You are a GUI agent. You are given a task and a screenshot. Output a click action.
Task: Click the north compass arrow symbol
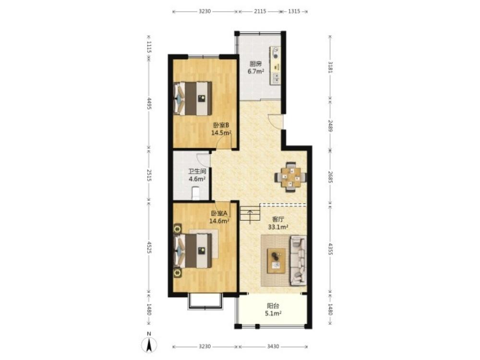click(x=149, y=345)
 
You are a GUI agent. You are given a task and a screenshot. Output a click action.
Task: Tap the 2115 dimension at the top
click(x=260, y=12)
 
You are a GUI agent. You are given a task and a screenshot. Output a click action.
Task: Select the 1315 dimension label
click(x=294, y=12)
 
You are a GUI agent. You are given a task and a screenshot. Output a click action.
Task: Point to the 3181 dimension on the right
click(x=330, y=67)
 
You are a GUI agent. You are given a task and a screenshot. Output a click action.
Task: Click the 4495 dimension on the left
click(x=149, y=104)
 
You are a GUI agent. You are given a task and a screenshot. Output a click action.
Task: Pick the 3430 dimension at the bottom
click(x=273, y=347)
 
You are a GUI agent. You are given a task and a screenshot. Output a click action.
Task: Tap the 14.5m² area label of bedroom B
click(x=221, y=133)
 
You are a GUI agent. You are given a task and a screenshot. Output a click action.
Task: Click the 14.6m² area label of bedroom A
click(x=219, y=221)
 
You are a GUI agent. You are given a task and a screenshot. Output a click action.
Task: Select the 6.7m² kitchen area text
click(x=256, y=72)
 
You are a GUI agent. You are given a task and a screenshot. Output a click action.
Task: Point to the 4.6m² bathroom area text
click(x=197, y=179)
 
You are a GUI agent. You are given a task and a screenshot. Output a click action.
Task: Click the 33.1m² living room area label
click(x=278, y=227)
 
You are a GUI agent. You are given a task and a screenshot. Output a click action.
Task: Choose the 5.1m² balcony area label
click(x=273, y=313)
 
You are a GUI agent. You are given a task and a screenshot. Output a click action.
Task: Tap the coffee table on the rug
click(x=276, y=261)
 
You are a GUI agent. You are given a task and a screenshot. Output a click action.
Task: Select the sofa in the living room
click(x=298, y=261)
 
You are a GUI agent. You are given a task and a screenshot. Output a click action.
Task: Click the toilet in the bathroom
click(x=196, y=194)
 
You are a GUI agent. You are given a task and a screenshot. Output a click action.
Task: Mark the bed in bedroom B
click(x=193, y=98)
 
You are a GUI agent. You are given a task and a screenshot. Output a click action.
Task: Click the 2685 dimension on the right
click(x=330, y=177)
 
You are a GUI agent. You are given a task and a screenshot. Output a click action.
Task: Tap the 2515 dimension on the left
click(x=149, y=175)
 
